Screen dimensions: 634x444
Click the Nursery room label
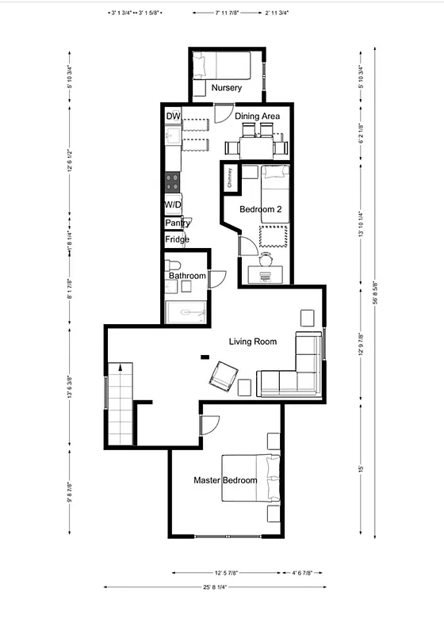click(x=226, y=87)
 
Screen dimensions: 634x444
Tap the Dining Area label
click(x=257, y=116)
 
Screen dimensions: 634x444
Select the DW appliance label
click(x=173, y=116)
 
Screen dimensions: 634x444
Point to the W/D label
click(x=173, y=204)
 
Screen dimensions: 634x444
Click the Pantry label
click(x=177, y=223)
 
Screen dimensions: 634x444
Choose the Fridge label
click(x=177, y=239)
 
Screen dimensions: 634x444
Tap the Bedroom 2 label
click(x=261, y=209)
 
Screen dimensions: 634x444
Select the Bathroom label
click(x=186, y=276)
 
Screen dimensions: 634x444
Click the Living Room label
click(x=252, y=342)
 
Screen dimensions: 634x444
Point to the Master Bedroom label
click(x=225, y=480)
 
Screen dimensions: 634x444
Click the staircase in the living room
click(x=120, y=404)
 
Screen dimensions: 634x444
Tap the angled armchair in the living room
click(x=223, y=375)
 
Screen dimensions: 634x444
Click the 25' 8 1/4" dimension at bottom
click(x=216, y=587)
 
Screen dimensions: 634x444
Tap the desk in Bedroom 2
click(x=265, y=274)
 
